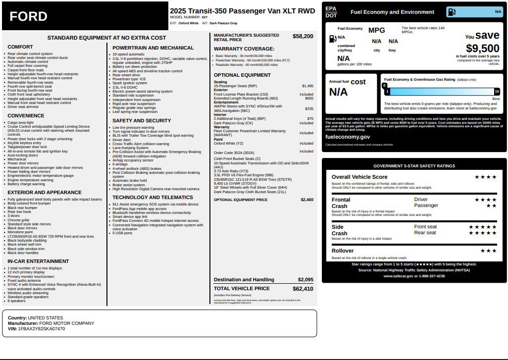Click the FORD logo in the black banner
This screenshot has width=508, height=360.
(29, 17)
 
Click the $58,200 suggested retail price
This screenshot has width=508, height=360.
(303, 36)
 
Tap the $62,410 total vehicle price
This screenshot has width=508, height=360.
(303, 288)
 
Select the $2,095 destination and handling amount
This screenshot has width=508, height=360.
(305, 280)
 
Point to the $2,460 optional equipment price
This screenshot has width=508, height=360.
(306, 200)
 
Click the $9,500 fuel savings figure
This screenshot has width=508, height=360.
(482, 49)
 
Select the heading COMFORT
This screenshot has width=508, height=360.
(20, 47)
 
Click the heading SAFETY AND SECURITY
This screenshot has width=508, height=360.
(142, 120)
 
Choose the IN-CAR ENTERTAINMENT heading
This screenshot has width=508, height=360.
(38, 261)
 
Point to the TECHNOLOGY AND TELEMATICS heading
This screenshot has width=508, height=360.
(152, 197)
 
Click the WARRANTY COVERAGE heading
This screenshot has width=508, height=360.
(244, 49)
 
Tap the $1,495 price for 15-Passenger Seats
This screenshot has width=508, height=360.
(307, 86)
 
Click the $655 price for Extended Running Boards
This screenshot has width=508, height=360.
(309, 98)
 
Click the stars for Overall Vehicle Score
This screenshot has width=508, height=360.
(485, 177)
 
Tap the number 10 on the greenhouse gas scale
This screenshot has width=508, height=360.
(497, 91)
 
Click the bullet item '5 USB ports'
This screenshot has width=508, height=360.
(124, 233)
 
